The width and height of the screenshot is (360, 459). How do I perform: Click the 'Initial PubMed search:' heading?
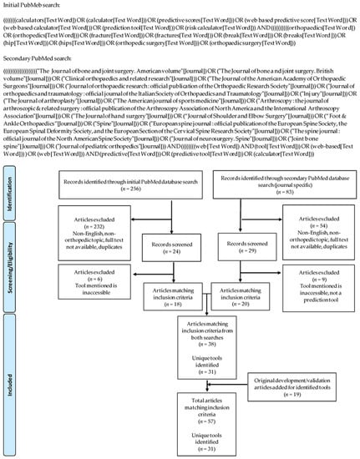[33, 5]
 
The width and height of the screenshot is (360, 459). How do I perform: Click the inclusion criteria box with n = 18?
[175, 315]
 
